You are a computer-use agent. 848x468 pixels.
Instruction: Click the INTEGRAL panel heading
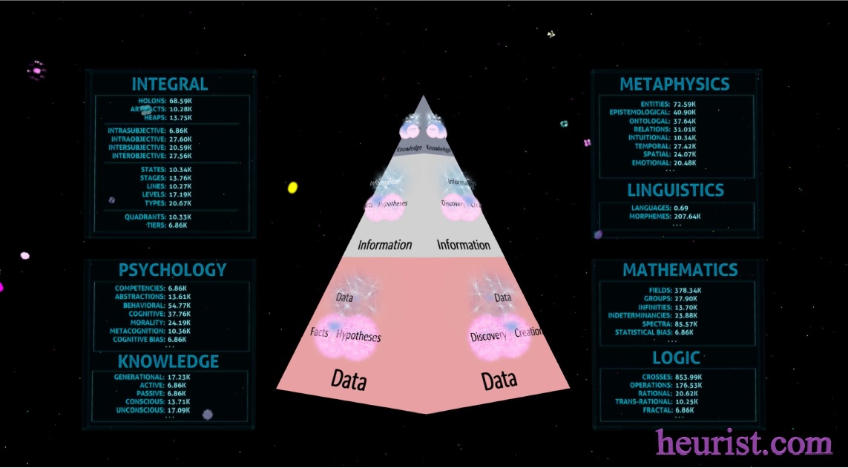[169, 84]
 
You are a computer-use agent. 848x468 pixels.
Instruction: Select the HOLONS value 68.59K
[180, 101]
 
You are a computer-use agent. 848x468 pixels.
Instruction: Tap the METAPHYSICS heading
[674, 84]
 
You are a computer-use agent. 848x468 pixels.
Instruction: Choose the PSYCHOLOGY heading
[172, 269]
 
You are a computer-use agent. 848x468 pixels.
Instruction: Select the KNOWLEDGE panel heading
[168, 361]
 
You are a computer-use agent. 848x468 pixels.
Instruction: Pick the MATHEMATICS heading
[680, 269]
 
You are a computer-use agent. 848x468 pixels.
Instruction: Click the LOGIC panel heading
[676, 358]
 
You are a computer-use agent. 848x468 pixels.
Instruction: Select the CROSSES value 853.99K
[690, 378]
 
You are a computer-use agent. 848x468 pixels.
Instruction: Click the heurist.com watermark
[743, 444]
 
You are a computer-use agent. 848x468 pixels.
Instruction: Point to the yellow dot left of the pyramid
[292, 188]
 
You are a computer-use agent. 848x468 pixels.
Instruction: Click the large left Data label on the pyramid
[349, 380]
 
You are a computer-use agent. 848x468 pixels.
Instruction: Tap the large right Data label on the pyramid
[499, 380]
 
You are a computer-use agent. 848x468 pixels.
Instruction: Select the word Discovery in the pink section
[488, 337]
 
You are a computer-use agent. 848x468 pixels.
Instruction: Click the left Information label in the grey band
[384, 245]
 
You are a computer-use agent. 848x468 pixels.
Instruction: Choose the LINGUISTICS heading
[675, 190]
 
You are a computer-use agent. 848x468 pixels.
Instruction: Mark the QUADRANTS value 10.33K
[180, 217]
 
